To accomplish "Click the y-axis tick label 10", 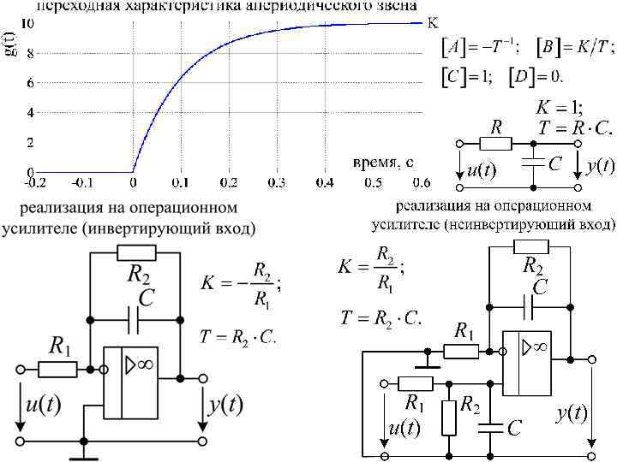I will (x=28, y=23).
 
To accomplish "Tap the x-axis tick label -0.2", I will (x=35, y=182).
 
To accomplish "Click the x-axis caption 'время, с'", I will (x=383, y=162).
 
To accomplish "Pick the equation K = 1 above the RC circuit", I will (x=559, y=109).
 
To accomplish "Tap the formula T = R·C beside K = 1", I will (x=575, y=128).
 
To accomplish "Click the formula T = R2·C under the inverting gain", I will (x=237, y=336).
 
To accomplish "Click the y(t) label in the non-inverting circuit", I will (x=571, y=414).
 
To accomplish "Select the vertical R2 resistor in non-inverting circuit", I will (x=447, y=416).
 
